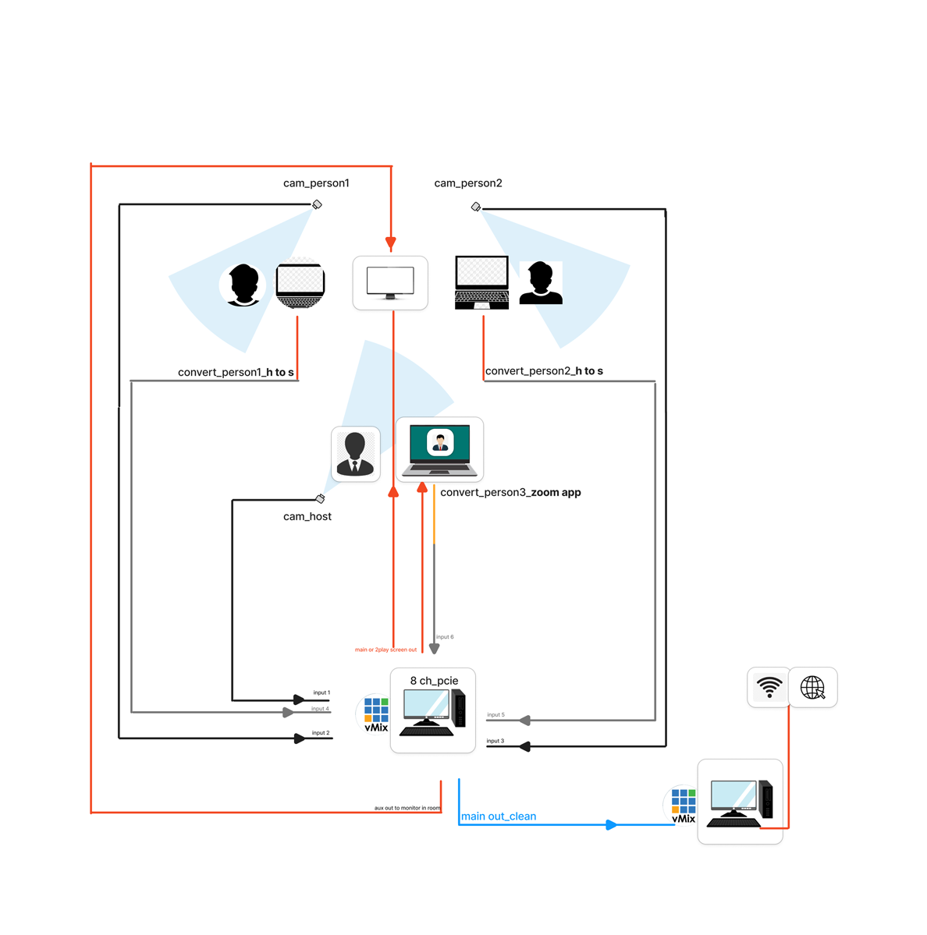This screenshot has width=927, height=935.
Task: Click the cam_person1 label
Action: click(x=316, y=183)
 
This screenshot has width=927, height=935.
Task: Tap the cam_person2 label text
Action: click(x=468, y=183)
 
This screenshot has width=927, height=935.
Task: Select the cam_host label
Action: click(x=307, y=516)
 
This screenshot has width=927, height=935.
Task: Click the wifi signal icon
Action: click(x=769, y=687)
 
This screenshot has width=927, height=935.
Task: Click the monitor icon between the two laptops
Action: click(x=390, y=283)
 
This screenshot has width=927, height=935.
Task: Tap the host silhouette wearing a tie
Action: click(x=356, y=454)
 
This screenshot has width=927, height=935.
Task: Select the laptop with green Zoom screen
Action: click(x=439, y=450)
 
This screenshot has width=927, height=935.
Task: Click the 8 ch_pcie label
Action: click(x=435, y=680)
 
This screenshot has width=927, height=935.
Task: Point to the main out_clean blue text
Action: click(x=499, y=816)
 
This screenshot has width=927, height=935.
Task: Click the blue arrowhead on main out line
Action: click(x=612, y=825)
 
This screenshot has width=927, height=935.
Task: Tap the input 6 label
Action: click(x=445, y=637)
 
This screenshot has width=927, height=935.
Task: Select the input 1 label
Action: click(x=321, y=692)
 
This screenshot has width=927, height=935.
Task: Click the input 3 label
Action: click(x=495, y=741)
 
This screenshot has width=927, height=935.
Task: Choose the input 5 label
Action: click(x=495, y=714)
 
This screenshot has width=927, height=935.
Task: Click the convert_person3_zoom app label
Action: click(x=510, y=493)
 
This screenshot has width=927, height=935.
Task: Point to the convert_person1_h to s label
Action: click(x=236, y=372)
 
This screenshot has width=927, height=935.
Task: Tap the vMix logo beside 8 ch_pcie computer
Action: click(x=376, y=714)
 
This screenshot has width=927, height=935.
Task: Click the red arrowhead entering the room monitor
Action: click(x=391, y=243)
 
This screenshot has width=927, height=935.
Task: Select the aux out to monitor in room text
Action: click(x=407, y=808)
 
